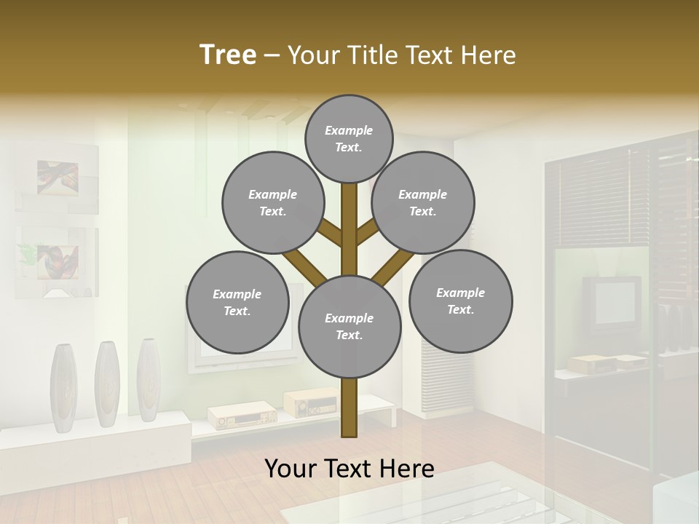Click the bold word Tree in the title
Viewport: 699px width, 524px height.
(228, 55)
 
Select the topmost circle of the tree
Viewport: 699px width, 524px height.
(349, 138)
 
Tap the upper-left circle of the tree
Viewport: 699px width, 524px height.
(272, 203)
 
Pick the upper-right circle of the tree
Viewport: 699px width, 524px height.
(423, 203)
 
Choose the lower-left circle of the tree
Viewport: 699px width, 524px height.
(237, 302)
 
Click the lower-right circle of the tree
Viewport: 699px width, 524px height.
(461, 301)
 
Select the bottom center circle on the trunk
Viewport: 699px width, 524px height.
(349, 327)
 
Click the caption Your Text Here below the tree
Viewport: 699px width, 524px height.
(349, 469)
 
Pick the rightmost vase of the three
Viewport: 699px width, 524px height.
(148, 380)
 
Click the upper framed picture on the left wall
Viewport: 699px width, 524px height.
(57, 178)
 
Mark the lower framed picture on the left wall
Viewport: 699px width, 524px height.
(57, 262)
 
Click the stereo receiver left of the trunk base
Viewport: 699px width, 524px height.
(242, 416)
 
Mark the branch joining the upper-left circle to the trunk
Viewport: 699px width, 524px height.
(330, 232)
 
